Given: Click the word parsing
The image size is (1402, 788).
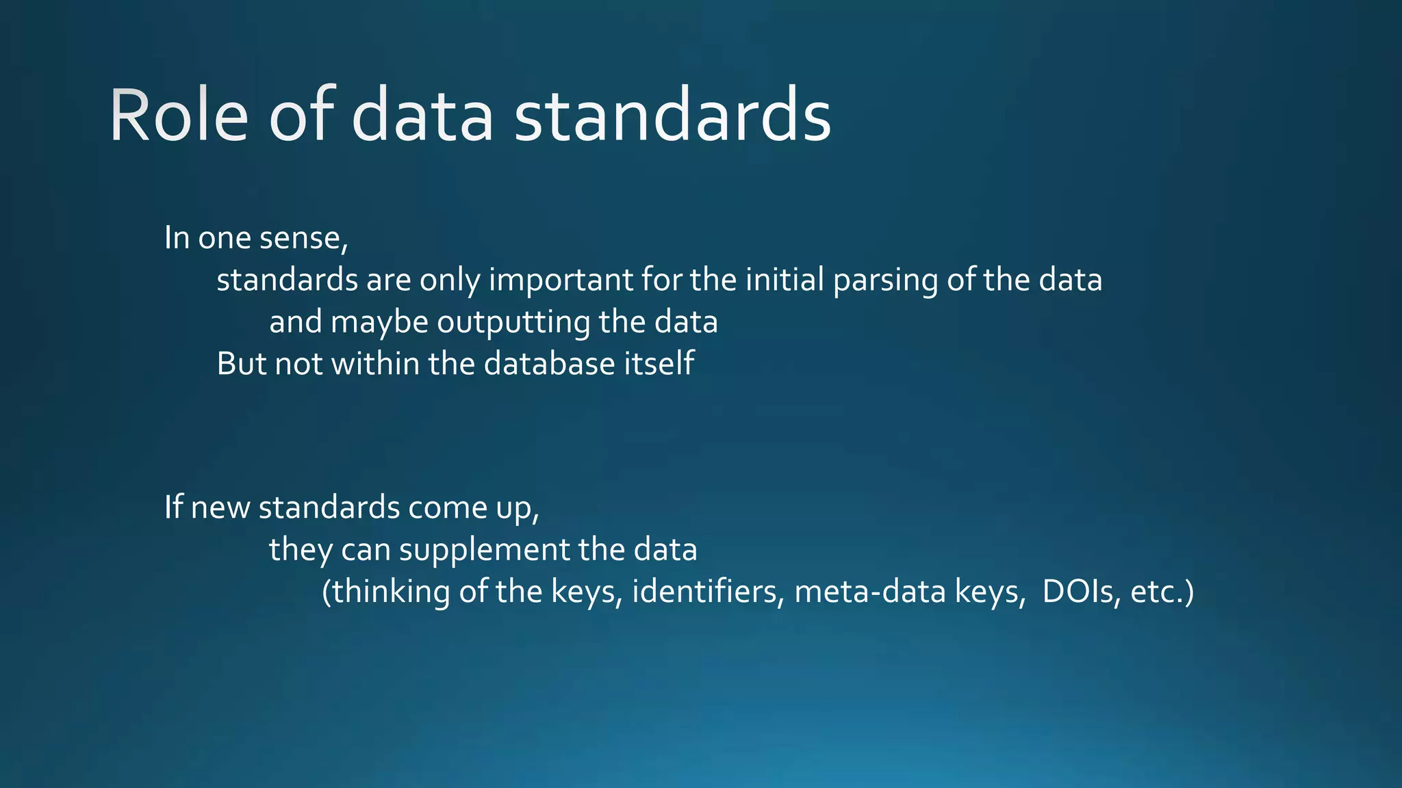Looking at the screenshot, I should (x=885, y=280).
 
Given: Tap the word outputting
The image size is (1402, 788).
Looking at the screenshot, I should (x=513, y=323).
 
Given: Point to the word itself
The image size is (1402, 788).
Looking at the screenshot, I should (x=659, y=364).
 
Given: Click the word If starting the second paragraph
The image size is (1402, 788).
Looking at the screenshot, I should (x=173, y=508).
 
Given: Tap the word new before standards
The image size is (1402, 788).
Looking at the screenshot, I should (x=220, y=508).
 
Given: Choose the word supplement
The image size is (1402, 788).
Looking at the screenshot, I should (x=484, y=550).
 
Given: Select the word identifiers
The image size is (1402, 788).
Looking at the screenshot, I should (x=708, y=592).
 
